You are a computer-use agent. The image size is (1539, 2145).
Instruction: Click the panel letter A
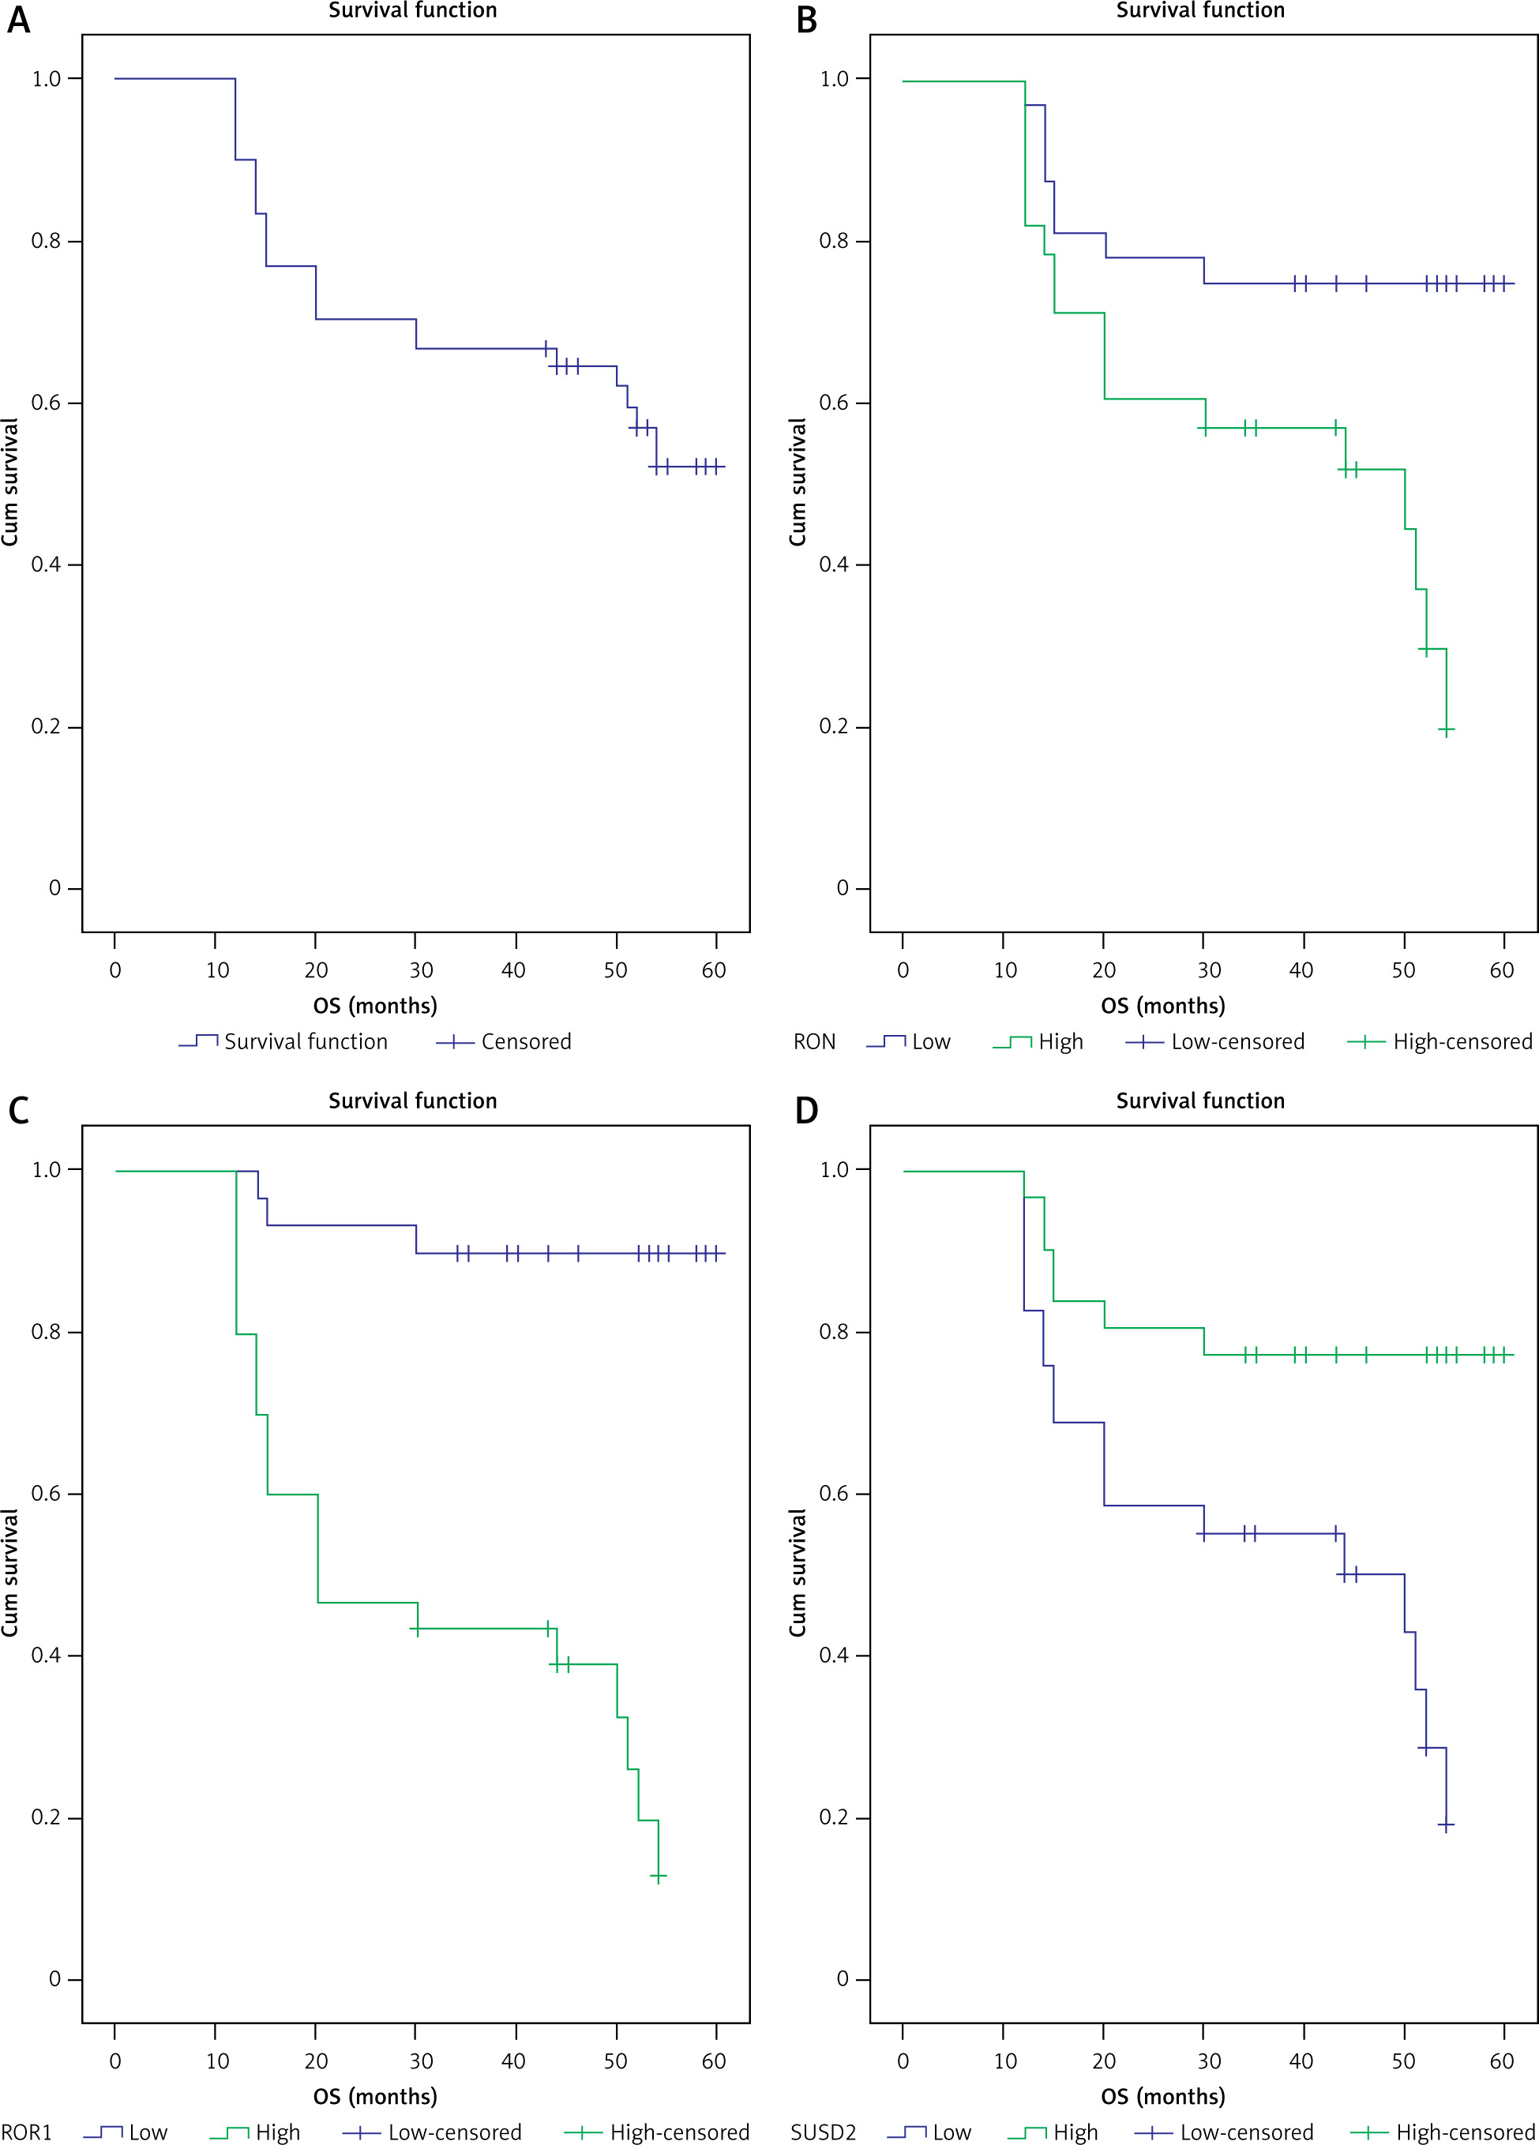(x=19, y=21)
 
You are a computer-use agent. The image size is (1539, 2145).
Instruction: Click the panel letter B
(x=806, y=21)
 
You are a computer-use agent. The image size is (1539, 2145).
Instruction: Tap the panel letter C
(x=19, y=1110)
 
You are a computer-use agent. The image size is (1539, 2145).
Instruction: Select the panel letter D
(x=806, y=1110)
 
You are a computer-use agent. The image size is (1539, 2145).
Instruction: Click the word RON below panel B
(x=813, y=1042)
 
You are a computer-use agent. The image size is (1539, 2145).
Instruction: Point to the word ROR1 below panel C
(x=27, y=2132)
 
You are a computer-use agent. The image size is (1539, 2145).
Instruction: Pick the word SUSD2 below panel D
(x=823, y=2132)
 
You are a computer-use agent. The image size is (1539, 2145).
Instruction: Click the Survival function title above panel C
(x=412, y=1101)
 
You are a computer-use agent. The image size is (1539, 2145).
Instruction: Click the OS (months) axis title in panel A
(x=376, y=1005)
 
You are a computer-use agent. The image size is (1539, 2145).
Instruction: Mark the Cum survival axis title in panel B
(x=798, y=482)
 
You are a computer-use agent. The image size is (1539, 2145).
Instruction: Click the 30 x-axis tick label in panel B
(x=1209, y=970)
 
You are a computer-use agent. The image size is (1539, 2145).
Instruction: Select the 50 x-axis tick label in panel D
(x=1403, y=2061)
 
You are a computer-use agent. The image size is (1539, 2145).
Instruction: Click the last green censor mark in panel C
(x=659, y=1876)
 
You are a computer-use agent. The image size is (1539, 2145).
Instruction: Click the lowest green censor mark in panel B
(x=1447, y=729)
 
